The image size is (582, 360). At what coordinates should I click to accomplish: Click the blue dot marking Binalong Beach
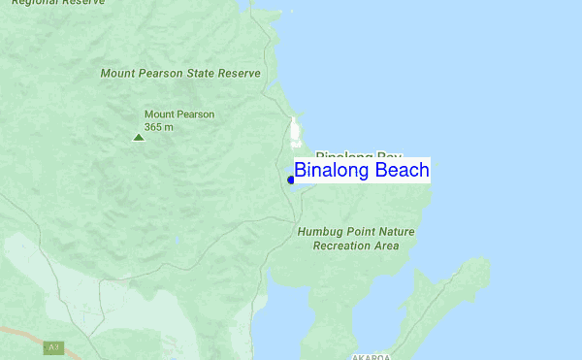pos(291,180)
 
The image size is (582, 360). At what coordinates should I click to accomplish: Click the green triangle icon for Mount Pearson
pos(138,137)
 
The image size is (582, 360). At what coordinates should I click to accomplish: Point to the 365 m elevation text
pos(159,126)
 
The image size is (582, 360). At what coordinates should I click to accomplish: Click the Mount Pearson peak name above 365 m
pos(179,114)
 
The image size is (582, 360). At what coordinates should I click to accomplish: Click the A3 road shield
pos(53,346)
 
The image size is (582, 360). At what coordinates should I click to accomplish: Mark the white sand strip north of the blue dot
pos(295,131)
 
